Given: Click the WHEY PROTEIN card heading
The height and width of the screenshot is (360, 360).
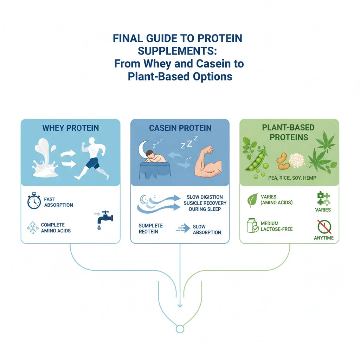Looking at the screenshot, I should click(70, 128).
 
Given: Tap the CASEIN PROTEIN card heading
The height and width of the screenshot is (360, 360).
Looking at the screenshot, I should click(180, 128).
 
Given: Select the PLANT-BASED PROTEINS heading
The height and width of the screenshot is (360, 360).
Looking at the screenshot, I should click(288, 132).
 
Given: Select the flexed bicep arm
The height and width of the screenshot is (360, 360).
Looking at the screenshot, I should click(207, 162).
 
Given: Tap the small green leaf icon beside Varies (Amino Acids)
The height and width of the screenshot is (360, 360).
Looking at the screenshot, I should click(252, 200).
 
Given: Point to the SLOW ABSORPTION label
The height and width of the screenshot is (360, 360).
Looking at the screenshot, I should click(207, 230).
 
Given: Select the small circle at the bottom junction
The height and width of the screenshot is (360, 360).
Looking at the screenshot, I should click(180, 329).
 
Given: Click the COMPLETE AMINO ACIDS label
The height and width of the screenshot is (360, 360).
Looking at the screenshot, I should click(56, 228).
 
